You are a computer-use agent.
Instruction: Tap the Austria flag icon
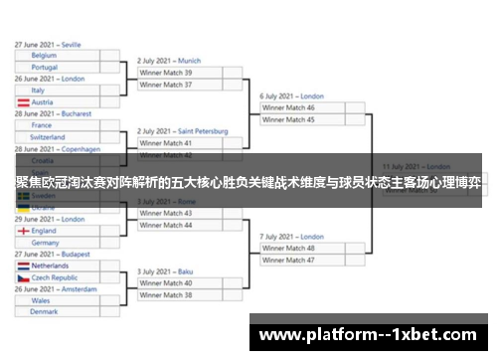click(x=22, y=101)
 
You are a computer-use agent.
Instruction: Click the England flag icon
click(x=22, y=231)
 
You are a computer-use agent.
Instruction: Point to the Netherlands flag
click(x=22, y=267)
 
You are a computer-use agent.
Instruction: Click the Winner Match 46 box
click(x=302, y=107)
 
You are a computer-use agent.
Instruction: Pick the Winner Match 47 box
click(x=302, y=260)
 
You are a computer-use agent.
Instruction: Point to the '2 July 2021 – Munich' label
click(x=169, y=61)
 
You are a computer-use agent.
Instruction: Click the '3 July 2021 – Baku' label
click(x=165, y=271)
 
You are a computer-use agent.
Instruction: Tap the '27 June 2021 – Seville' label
click(x=48, y=45)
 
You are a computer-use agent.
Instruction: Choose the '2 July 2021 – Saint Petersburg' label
click(x=182, y=131)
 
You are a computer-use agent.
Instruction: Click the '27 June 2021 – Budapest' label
click(x=51, y=255)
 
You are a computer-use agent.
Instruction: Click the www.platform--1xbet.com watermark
click(x=372, y=334)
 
